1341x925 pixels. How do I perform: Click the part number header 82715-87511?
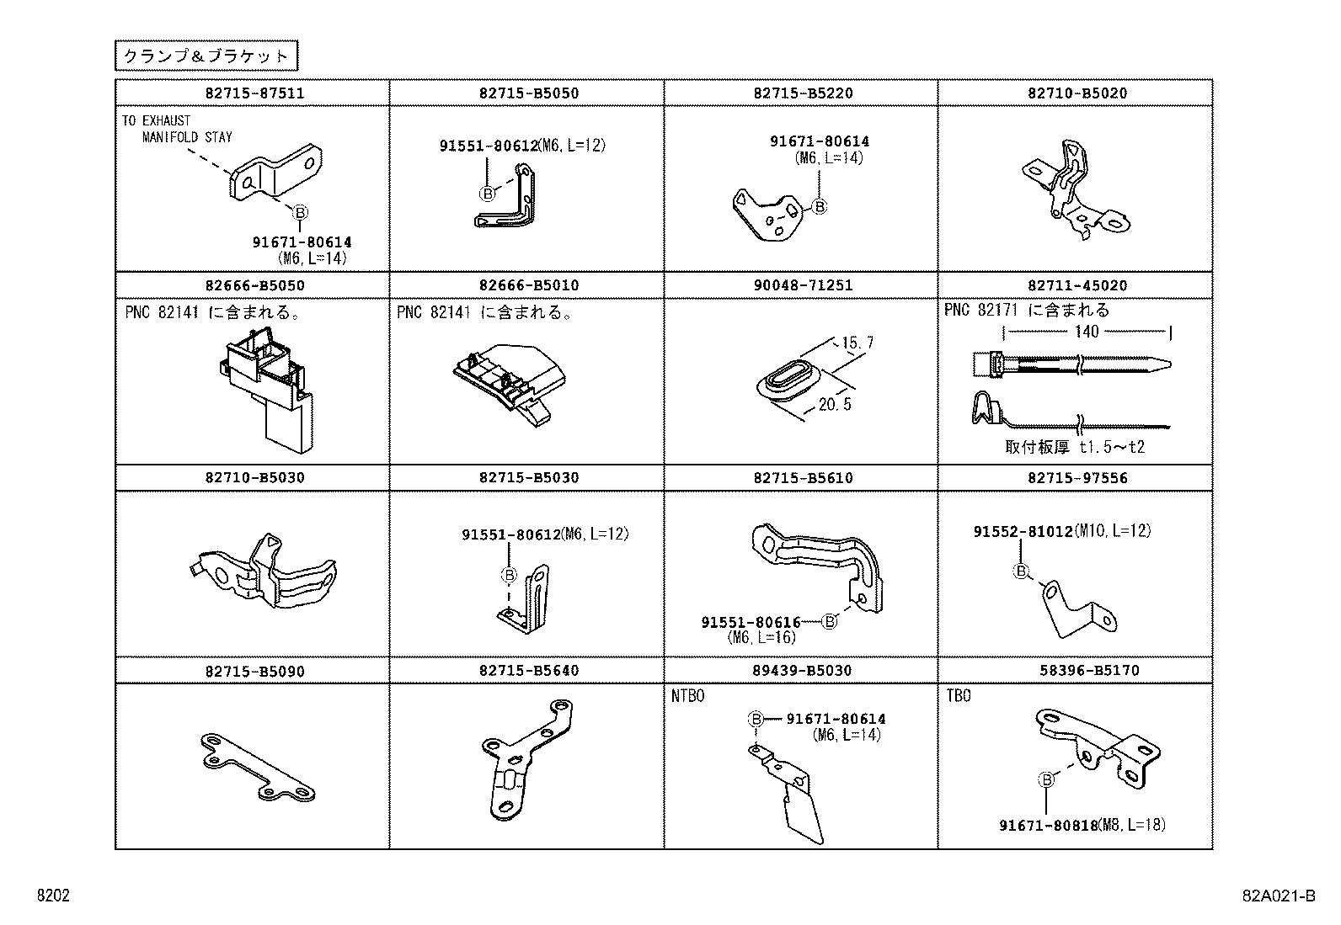(x=254, y=93)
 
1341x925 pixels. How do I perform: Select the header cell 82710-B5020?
(x=1077, y=93)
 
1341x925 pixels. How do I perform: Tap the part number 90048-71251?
(x=803, y=285)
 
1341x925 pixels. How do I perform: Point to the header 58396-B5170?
(x=1089, y=670)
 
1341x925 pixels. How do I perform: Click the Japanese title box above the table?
(x=206, y=56)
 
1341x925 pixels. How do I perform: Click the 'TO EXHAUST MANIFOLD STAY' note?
(x=177, y=129)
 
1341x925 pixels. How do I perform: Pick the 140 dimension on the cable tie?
(x=1087, y=332)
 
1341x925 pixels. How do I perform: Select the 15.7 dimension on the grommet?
(x=857, y=343)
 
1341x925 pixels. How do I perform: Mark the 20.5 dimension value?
(x=835, y=405)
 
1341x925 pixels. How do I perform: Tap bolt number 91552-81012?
(x=1023, y=531)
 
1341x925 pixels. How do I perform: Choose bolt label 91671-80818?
(x=1049, y=825)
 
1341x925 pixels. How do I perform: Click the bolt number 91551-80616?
(x=751, y=622)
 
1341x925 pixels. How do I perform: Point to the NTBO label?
(x=688, y=696)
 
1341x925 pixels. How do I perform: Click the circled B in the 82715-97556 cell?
(x=1021, y=571)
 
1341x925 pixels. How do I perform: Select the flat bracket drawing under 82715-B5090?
(x=258, y=767)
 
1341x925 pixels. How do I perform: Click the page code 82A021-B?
(x=1279, y=896)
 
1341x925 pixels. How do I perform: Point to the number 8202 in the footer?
(x=53, y=896)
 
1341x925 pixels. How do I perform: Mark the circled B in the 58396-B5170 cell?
(x=1046, y=779)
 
